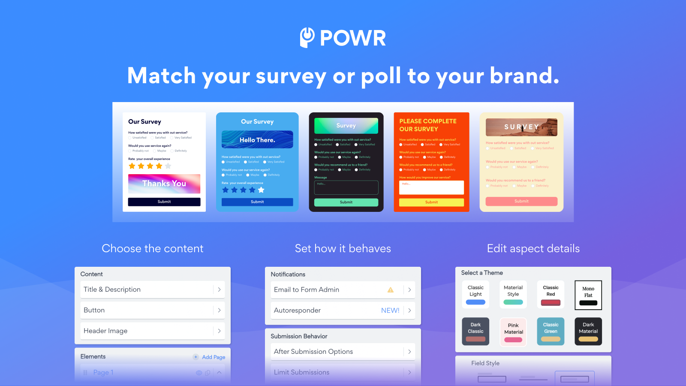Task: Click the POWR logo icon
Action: (307, 37)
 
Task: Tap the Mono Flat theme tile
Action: (588, 295)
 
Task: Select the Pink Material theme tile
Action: (513, 332)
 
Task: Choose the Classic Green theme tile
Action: (551, 332)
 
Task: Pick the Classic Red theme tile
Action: (551, 295)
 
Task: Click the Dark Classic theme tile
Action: (475, 332)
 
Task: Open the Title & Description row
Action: (152, 289)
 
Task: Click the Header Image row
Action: (152, 331)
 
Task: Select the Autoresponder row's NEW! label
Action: (390, 311)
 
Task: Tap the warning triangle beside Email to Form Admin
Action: (391, 290)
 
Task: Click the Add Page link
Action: (213, 357)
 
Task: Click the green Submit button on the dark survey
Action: (346, 202)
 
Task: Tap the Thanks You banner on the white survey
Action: (164, 184)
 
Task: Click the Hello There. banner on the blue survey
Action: (257, 140)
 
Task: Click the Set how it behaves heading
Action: (343, 249)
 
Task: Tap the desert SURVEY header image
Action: (521, 127)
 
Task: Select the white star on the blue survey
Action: (261, 190)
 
